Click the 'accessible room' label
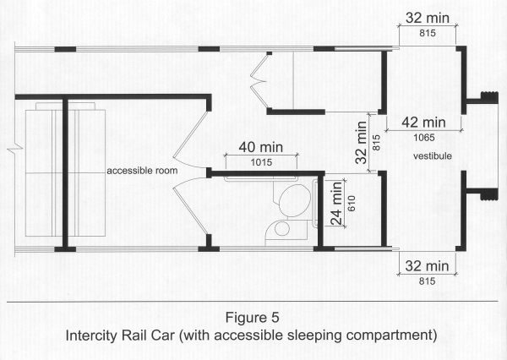click(x=142, y=171)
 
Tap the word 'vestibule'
click(x=433, y=156)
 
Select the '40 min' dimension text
click(x=261, y=148)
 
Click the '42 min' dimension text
click(x=423, y=123)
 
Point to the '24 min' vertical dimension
click(x=336, y=203)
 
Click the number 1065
click(x=424, y=138)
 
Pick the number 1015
click(x=261, y=162)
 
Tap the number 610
click(x=352, y=203)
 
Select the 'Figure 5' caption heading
click(x=252, y=317)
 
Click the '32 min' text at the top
click(x=428, y=18)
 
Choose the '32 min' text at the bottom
click(x=427, y=266)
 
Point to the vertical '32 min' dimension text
click(x=361, y=142)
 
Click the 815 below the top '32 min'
click(x=428, y=33)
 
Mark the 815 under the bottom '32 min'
click(x=427, y=281)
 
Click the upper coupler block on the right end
click(x=489, y=97)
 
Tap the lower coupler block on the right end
click(x=488, y=194)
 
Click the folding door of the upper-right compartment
click(x=259, y=81)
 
